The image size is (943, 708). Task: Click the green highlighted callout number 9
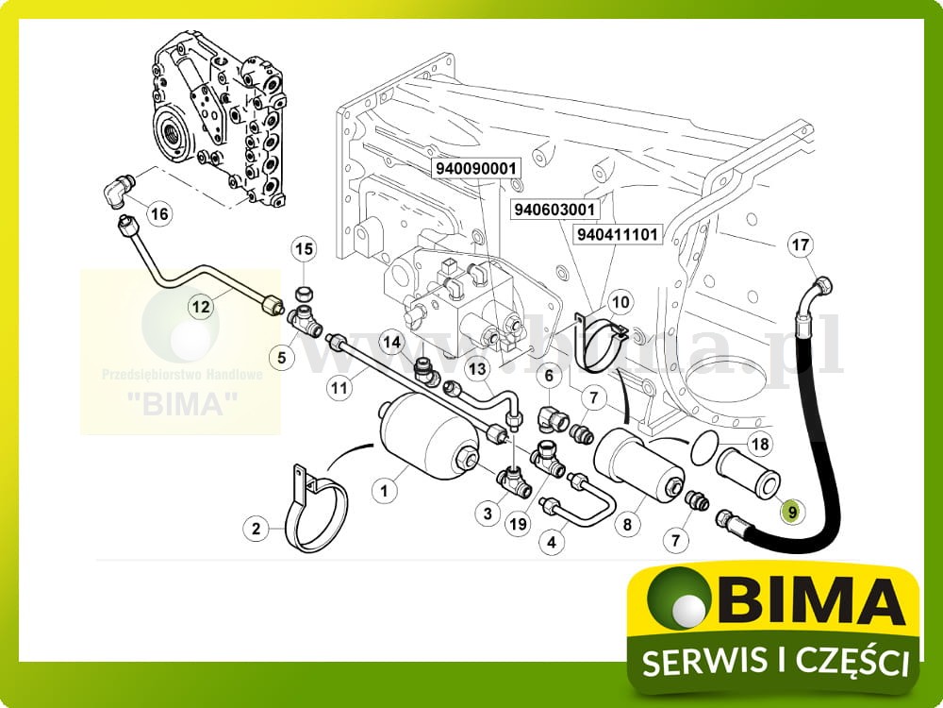(x=792, y=512)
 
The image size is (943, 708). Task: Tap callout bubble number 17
(x=800, y=246)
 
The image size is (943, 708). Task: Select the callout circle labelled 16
(x=159, y=214)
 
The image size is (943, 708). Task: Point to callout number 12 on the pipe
(x=200, y=306)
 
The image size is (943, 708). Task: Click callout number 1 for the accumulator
(x=384, y=489)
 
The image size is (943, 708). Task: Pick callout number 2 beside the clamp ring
(x=256, y=529)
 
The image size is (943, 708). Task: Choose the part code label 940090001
(x=477, y=168)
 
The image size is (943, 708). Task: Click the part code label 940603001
(x=554, y=210)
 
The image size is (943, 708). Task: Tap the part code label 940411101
(x=618, y=233)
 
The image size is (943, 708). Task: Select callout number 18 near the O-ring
(x=759, y=444)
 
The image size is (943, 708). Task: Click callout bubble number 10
(x=620, y=302)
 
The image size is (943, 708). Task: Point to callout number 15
(x=304, y=249)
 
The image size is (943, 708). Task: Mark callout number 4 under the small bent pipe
(x=553, y=542)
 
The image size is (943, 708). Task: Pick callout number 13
(x=477, y=368)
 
